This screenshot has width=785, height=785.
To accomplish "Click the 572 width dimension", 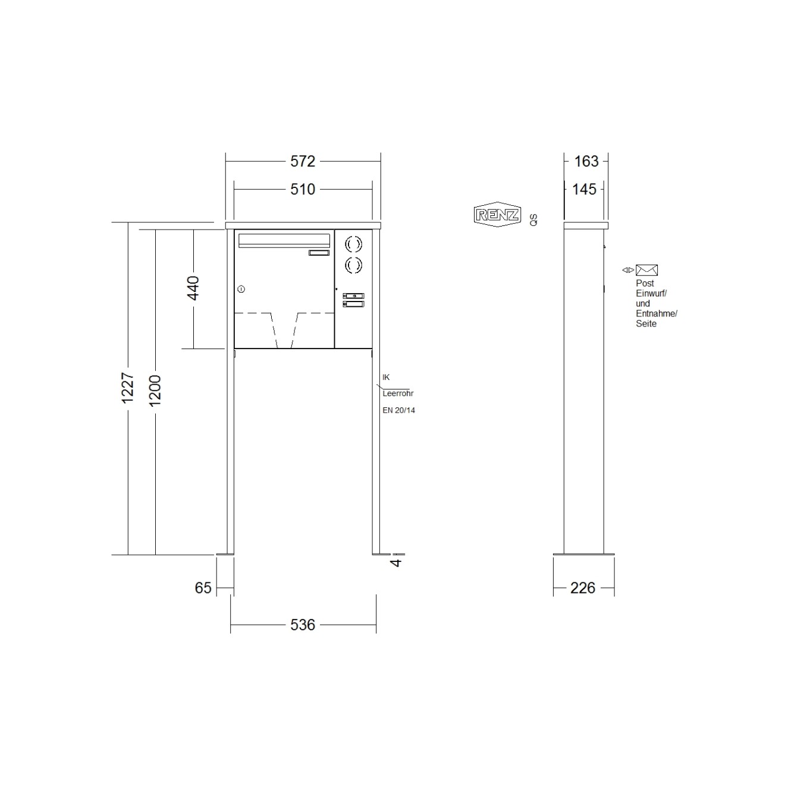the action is [303, 161].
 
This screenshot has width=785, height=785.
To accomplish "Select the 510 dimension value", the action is [303, 189].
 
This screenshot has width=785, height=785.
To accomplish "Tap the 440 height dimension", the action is [193, 288].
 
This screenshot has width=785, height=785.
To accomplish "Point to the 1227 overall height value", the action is [128, 387].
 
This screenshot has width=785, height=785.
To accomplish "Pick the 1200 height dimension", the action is [155, 391].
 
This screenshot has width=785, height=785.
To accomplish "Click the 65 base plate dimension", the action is [203, 588].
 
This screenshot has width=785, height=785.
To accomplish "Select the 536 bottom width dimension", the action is [303, 625].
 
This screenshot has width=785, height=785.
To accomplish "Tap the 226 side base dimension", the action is [583, 588].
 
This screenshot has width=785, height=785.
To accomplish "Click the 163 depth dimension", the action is [586, 161].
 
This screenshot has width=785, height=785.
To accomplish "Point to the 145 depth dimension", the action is [584, 189].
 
